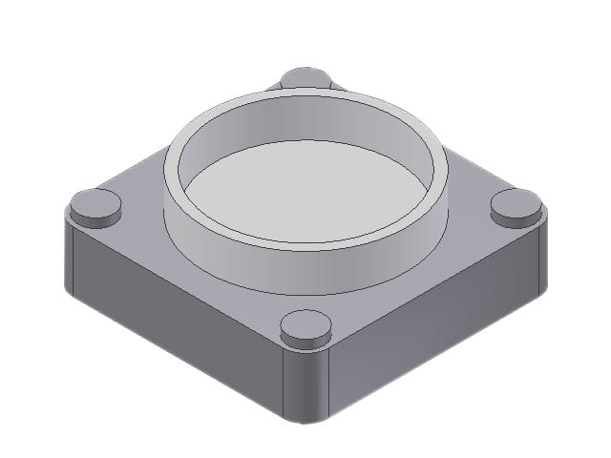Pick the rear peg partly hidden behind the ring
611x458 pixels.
306,76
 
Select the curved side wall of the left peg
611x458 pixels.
96,219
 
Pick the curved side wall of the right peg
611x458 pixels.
516,219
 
